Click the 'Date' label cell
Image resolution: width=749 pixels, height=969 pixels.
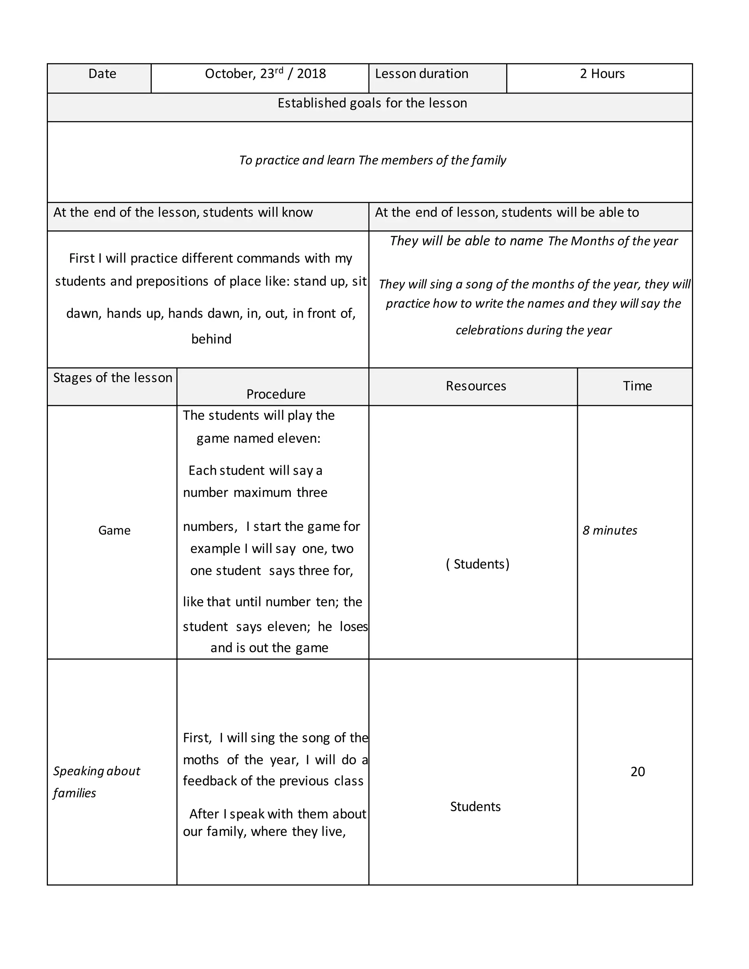(x=102, y=73)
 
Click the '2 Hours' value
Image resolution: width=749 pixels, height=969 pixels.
(x=602, y=73)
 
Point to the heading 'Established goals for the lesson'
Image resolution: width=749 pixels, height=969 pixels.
(x=372, y=103)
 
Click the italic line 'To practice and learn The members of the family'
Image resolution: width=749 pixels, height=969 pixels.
(x=372, y=160)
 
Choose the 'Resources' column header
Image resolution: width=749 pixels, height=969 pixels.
(x=476, y=385)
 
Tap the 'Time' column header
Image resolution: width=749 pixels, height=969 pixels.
(x=637, y=385)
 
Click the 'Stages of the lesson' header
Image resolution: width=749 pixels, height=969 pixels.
(x=113, y=378)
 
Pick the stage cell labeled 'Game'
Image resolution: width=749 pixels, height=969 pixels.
(x=114, y=530)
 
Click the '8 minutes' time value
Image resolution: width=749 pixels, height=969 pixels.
(x=609, y=530)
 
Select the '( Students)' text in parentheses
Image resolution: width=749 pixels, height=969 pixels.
(x=477, y=564)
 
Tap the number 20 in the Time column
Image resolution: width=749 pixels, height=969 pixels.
(x=637, y=772)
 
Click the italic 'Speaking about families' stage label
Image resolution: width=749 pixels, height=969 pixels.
(x=96, y=782)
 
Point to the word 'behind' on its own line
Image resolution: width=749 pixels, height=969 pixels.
(x=211, y=339)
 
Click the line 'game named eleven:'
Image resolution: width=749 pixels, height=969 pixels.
(x=258, y=438)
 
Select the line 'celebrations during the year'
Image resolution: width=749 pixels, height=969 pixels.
(x=533, y=330)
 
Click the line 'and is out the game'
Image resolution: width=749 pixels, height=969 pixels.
(x=269, y=648)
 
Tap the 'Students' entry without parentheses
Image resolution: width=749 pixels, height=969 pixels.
(x=475, y=807)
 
